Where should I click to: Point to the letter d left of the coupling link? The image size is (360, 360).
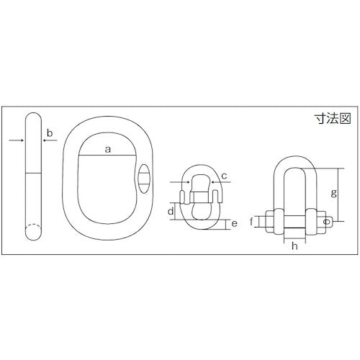[x=170, y=211]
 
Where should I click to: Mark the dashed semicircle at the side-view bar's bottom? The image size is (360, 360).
[x=34, y=233]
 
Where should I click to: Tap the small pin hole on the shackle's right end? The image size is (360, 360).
[x=328, y=222]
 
